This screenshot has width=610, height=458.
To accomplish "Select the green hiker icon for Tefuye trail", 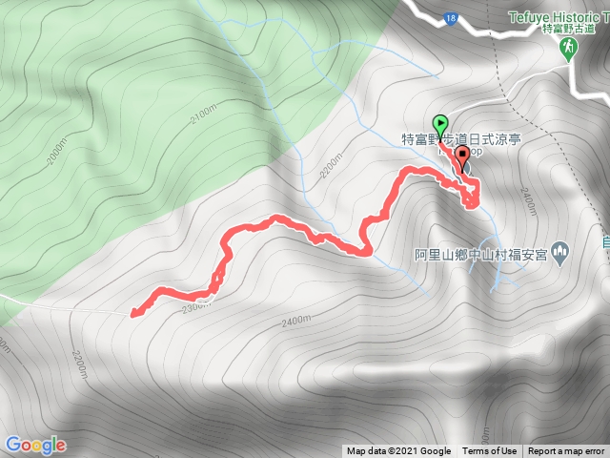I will [569, 49].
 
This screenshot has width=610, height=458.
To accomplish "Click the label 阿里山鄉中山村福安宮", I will [480, 255].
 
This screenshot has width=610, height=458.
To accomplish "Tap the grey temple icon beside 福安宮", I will [560, 254].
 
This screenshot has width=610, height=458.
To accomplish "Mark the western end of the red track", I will [132, 311].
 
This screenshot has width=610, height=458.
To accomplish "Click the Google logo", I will [34, 445].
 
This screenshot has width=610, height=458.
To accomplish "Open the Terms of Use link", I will [489, 451].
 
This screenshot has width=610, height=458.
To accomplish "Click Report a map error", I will [566, 451].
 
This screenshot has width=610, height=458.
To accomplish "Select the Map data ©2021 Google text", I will [398, 451].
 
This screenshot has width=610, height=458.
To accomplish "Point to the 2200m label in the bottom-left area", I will [78, 363].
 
